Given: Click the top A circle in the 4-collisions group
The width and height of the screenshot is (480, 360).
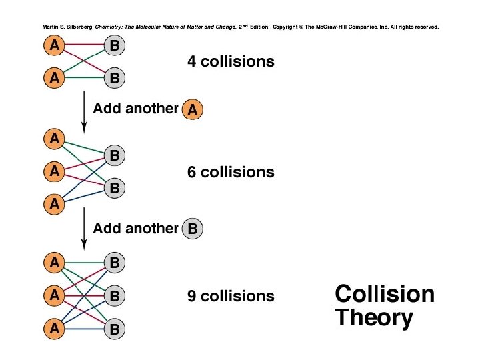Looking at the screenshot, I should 54,46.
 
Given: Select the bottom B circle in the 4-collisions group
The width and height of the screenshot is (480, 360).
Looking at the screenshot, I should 115,79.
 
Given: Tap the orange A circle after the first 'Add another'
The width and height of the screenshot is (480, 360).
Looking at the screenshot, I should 192,110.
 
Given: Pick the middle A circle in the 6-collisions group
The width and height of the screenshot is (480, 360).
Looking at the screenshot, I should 54,171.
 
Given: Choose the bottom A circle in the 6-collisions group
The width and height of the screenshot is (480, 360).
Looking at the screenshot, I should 54,204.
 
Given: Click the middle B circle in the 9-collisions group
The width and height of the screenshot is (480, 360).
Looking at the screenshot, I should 115,295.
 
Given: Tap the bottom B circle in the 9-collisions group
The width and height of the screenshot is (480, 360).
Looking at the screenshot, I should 115,329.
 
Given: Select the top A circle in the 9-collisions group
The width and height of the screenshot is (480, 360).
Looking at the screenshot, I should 54,262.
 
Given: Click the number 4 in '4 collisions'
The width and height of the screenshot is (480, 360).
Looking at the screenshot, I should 192,62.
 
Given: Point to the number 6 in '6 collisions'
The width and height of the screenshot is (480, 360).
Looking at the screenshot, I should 192,172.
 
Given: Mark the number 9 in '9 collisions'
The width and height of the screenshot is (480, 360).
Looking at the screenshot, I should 192,295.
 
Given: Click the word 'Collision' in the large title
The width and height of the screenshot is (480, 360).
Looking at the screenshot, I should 384,294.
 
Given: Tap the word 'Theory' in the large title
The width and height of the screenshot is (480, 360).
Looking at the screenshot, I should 373,318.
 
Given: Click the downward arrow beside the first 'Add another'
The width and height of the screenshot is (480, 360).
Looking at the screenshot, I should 83,110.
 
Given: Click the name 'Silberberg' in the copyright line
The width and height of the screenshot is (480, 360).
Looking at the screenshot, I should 76,27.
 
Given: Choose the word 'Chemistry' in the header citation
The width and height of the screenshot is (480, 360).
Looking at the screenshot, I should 111,27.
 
